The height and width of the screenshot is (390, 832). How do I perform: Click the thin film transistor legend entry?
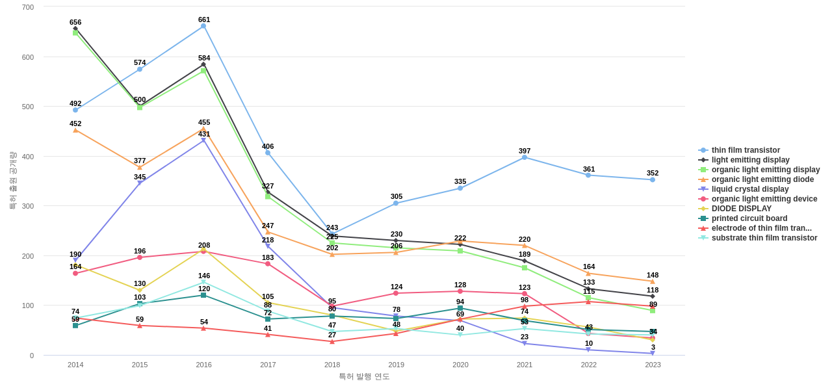[x=746, y=150]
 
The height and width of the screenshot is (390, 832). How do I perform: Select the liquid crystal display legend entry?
[x=749, y=189]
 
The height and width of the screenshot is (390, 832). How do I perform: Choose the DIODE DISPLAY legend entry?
[x=741, y=209]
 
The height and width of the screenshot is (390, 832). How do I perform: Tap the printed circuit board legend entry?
[x=749, y=218]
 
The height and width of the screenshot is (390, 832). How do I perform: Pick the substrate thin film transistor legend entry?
[x=764, y=238]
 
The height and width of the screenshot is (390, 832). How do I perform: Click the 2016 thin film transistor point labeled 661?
[x=203, y=26]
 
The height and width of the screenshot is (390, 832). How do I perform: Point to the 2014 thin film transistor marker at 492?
[x=75, y=110]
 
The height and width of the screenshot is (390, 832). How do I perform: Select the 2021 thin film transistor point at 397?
[x=525, y=157]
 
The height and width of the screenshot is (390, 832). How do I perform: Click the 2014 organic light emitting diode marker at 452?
[x=75, y=130]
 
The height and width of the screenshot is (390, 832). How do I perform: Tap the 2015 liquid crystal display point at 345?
[x=140, y=183]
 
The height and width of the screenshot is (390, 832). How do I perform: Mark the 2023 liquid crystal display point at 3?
[x=653, y=354]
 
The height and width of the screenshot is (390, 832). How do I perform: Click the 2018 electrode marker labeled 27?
[x=332, y=342]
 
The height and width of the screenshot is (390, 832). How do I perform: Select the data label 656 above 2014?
[x=75, y=22]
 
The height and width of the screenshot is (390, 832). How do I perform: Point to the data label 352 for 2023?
[x=653, y=173]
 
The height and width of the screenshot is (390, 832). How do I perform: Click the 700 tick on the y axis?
[x=28, y=7]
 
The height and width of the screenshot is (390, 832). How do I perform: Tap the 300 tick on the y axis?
[x=28, y=206]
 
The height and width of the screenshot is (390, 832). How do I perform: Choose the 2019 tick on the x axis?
[x=396, y=365]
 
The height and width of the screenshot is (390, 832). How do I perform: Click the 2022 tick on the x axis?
[x=588, y=365]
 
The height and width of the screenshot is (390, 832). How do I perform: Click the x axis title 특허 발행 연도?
[x=364, y=376]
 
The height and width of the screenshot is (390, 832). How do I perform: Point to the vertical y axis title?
[x=12, y=181]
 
